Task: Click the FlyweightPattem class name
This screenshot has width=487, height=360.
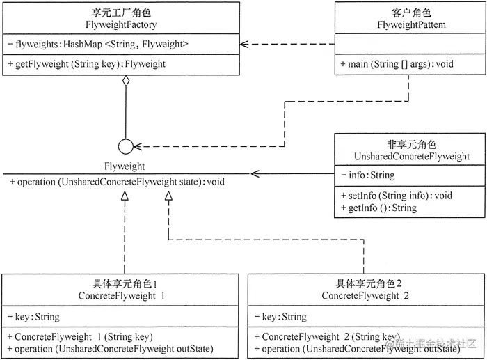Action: click(407, 24)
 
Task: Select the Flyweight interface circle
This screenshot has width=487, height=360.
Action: click(125, 147)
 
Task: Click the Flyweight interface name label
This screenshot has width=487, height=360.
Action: click(125, 166)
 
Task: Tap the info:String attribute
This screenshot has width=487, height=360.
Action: click(368, 175)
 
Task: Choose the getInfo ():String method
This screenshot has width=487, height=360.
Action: click(379, 208)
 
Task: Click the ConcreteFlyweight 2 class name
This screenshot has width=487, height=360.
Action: click(365, 296)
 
